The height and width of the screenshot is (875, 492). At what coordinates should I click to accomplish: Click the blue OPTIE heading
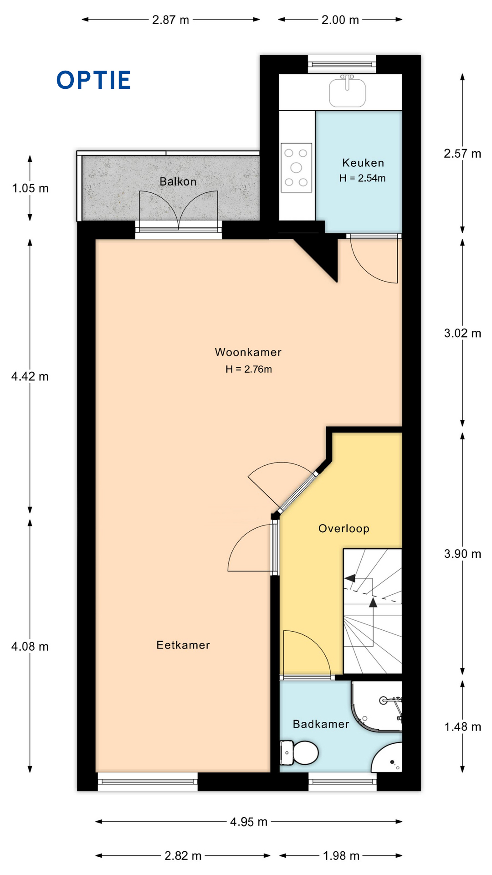pos(94,80)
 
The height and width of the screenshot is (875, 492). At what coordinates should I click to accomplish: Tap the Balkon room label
pos(178,181)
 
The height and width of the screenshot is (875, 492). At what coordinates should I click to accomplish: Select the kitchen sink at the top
pos(347,91)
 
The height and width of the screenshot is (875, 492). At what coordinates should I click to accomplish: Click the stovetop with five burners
pos(296,168)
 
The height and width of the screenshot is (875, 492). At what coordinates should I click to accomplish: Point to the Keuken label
pos(363,163)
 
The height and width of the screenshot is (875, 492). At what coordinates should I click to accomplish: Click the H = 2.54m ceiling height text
pos(362,178)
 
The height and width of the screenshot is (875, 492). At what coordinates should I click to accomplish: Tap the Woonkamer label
pos(248,352)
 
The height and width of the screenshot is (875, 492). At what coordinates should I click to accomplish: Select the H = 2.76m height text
pos(249,369)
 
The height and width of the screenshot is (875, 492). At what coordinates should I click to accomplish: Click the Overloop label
pos(344,529)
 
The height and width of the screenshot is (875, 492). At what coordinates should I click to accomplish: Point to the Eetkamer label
pos(183,645)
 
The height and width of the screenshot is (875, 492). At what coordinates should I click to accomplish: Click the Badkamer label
pos(321,724)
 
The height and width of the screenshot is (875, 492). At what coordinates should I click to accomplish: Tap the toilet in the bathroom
pos(299,752)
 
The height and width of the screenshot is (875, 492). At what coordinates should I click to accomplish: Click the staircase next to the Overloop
pos(373,611)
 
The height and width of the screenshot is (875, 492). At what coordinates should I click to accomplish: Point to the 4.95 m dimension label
pos(249,822)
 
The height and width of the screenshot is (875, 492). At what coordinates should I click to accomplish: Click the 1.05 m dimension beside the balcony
pos(30,188)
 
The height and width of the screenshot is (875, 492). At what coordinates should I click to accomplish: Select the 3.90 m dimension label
pos(462,554)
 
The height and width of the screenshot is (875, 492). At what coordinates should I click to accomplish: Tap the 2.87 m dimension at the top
pos(170,20)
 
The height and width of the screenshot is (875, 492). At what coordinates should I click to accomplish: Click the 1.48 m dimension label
pos(462,727)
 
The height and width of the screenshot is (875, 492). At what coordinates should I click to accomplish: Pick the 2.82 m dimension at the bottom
pos(183,856)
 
